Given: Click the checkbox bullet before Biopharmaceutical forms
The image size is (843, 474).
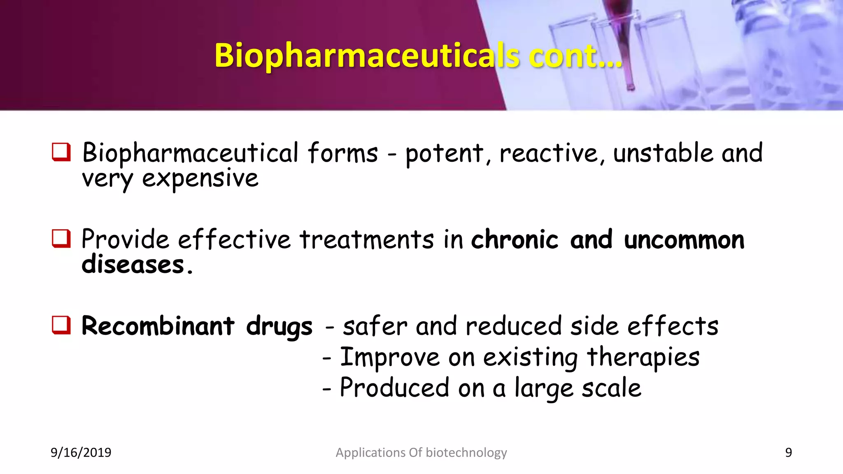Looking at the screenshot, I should pyautogui.click(x=61, y=152).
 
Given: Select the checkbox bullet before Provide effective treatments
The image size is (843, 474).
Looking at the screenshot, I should pyautogui.click(x=61, y=239).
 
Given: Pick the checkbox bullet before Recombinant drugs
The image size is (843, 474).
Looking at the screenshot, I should pyautogui.click(x=61, y=325).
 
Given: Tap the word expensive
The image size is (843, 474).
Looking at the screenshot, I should pyautogui.click(x=200, y=179).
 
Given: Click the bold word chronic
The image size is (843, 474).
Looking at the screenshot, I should pyautogui.click(x=515, y=239).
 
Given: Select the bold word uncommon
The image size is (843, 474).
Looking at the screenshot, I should pyautogui.click(x=684, y=239).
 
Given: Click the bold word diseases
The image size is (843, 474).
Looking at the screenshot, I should pyautogui.click(x=133, y=265).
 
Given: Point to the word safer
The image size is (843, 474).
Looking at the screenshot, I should pyautogui.click(x=375, y=326).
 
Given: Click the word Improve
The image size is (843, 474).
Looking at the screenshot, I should pyautogui.click(x=390, y=357).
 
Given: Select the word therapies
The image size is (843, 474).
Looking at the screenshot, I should pyautogui.click(x=643, y=357).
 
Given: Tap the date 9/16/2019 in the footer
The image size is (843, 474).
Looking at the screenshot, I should pyautogui.click(x=81, y=453).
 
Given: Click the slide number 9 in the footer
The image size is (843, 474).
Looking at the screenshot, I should pyautogui.click(x=788, y=453).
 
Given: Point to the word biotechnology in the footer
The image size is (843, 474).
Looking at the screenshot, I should pyautogui.click(x=466, y=453).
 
